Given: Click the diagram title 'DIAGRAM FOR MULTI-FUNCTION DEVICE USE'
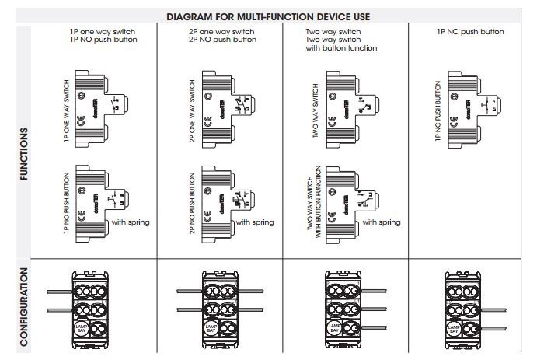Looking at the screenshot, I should point(268,16).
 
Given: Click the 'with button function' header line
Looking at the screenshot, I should point(342,48).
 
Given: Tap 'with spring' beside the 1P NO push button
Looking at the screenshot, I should point(131,222).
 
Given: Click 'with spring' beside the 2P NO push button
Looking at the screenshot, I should point(255,222).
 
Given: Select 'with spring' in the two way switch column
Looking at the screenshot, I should point(382,222).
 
